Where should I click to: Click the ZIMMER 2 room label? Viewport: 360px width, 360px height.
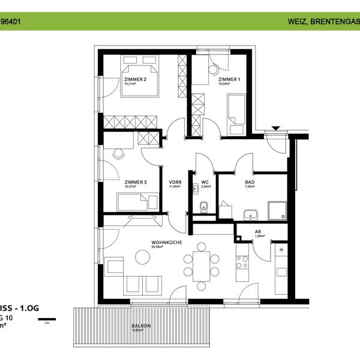click(135, 79)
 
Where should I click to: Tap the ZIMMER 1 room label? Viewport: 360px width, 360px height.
click(229, 79)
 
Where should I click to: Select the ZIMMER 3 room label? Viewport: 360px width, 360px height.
click(135, 182)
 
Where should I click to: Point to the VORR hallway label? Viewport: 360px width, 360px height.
click(175, 182)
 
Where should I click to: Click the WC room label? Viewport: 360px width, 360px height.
click(205, 182)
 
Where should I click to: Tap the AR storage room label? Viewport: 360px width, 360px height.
click(257, 232)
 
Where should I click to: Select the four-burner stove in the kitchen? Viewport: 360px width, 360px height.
click(242, 262)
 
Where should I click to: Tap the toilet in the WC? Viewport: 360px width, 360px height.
click(203, 208)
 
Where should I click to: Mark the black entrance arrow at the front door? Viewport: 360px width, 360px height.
click(276, 128)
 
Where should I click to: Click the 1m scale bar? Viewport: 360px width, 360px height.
click(47, 319)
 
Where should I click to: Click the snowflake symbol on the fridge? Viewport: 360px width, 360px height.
click(282, 248)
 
